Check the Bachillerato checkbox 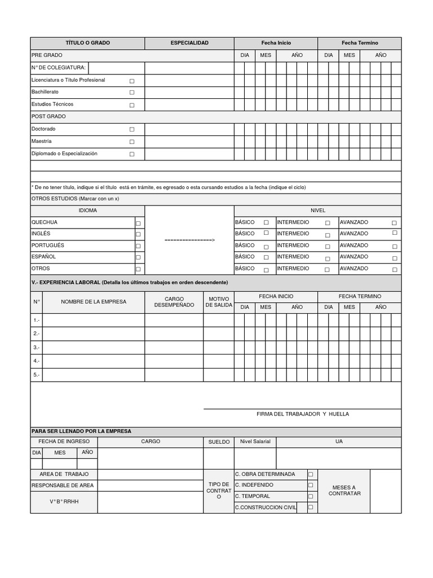(x=132, y=93)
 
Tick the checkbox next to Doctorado (x=132, y=130)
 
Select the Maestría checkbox (x=132, y=142)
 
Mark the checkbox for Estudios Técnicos (x=132, y=105)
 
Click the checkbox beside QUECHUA (x=138, y=224)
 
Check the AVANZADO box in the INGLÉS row (x=394, y=233)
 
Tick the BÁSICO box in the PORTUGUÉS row (x=266, y=246)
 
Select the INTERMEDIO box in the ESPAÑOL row (x=328, y=258)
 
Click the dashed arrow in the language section (x=189, y=240)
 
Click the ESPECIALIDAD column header (x=189, y=43)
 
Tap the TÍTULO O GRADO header (x=87, y=43)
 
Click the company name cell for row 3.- (x=94, y=347)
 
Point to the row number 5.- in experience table (x=36, y=374)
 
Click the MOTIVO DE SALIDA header (x=218, y=302)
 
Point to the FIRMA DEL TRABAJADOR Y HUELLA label (x=302, y=414)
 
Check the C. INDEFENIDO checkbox (x=310, y=485)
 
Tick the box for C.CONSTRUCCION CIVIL (x=310, y=507)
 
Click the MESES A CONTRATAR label (x=344, y=491)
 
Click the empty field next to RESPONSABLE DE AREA (x=150, y=485)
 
